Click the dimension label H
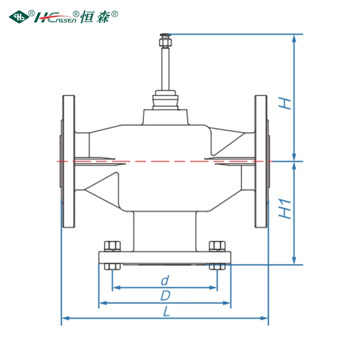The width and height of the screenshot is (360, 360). pos(285,103)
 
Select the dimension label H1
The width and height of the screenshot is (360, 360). pos(285,209)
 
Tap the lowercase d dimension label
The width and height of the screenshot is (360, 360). pos(165,280)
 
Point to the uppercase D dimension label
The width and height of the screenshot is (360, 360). pos(165,296)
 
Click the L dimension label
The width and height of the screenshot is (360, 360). pos(166,311)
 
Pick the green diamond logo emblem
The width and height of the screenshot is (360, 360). pos(19,17)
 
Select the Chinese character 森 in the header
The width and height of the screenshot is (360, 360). pos(103,17)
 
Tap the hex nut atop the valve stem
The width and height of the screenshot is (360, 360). pos(165,42)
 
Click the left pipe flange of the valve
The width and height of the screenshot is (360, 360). pos(69,162)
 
